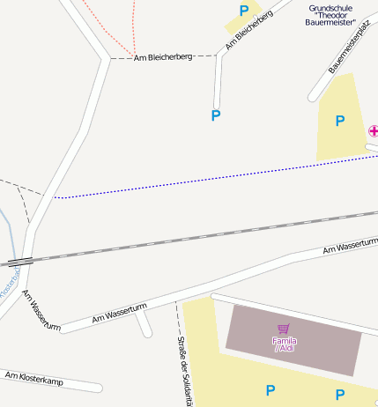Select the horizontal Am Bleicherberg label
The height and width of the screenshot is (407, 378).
point(163,57)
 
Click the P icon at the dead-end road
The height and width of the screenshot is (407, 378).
point(216,115)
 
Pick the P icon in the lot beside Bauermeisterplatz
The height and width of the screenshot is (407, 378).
point(339,121)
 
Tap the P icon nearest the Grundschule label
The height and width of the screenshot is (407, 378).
point(244,11)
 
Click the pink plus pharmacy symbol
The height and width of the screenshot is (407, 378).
point(373,130)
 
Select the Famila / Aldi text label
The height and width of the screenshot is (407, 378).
point(285,344)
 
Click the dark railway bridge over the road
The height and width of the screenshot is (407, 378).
point(18,261)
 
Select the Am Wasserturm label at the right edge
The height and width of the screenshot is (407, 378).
point(351,245)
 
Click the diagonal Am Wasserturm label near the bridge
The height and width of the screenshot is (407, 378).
point(41,310)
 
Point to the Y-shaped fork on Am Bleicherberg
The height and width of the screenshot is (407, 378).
point(109,58)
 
